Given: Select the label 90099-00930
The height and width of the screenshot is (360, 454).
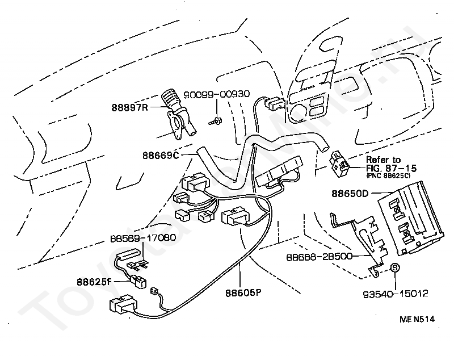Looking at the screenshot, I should tap(217, 94).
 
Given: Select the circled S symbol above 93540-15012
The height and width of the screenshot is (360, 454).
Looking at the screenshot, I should tap(396, 268).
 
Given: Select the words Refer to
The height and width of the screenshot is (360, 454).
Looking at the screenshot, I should tap(382, 160).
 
